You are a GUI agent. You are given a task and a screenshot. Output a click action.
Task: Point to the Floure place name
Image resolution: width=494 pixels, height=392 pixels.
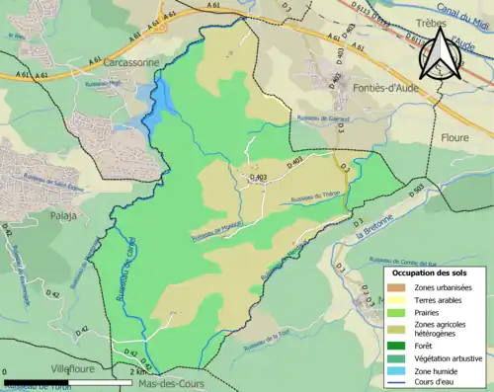[454, 138]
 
